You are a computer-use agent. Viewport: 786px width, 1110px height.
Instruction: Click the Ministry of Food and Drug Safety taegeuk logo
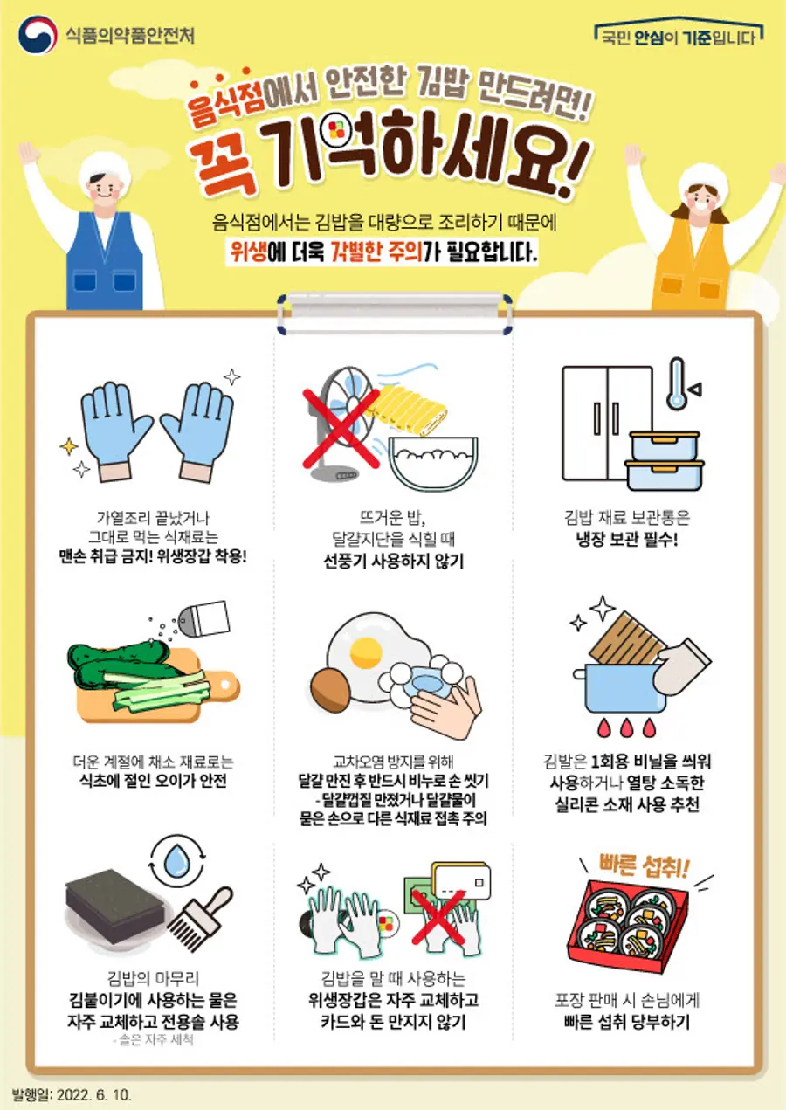[x=38, y=35]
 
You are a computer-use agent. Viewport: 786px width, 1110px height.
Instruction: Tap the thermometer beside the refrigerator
[x=677, y=383]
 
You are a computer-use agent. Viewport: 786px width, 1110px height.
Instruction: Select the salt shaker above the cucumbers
[x=203, y=618]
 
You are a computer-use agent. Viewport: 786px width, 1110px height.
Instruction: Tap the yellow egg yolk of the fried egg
[x=366, y=652]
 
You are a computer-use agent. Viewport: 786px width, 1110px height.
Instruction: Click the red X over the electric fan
[x=341, y=429]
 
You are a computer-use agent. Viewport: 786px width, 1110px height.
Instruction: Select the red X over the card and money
[x=438, y=917]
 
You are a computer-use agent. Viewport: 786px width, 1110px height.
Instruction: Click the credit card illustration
[x=461, y=881]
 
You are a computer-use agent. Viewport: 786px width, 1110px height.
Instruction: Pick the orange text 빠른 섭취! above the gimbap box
[x=644, y=865]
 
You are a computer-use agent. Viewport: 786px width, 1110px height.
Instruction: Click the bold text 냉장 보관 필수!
[x=627, y=539]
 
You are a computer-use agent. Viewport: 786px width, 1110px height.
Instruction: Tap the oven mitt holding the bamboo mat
[x=682, y=666]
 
